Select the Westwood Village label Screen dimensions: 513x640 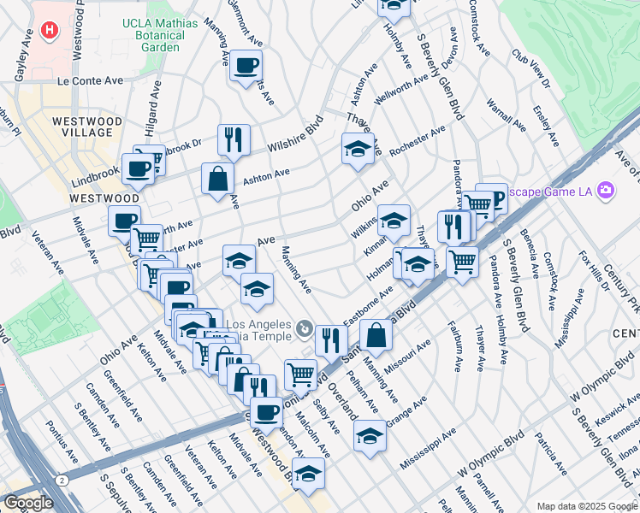coord(82,127)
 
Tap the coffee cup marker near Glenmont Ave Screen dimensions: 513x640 coord(246,66)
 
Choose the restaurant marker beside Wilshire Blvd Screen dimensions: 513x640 coord(233,139)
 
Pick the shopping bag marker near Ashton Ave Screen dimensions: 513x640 coord(218,179)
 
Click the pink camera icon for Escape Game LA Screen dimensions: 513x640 coord(607,189)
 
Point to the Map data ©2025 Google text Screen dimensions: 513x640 coord(587,506)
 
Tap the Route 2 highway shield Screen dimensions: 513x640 coord(62,481)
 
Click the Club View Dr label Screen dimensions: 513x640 coord(530,67)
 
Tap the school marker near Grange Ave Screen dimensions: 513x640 coord(370,436)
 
